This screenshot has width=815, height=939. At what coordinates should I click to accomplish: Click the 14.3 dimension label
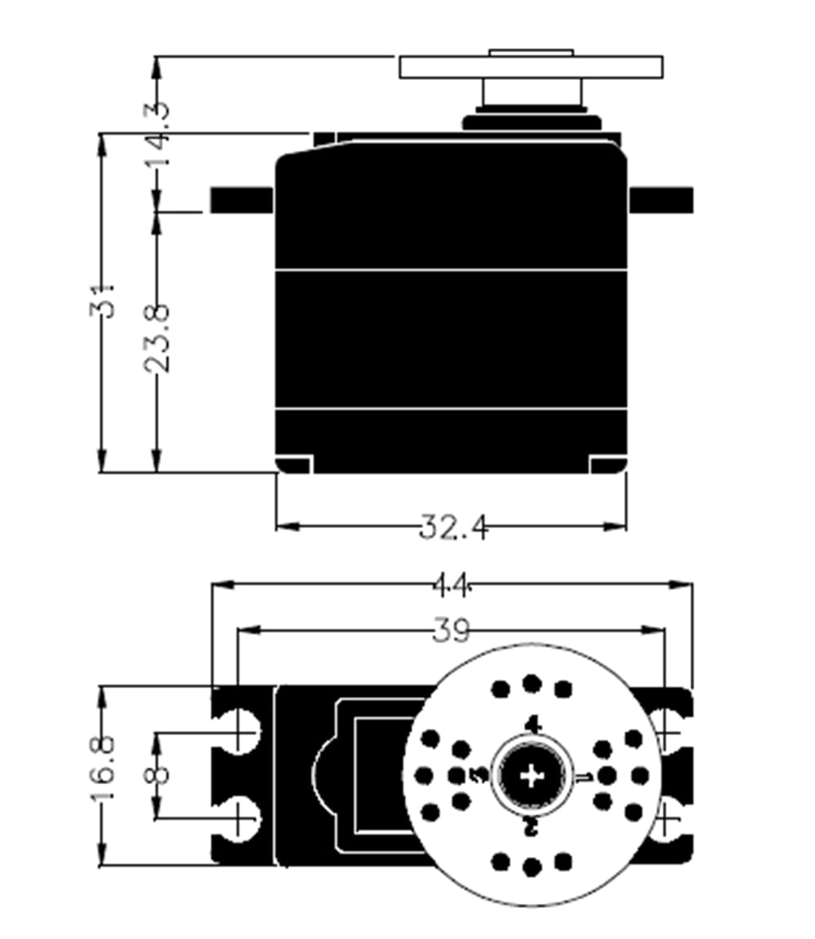click(158, 133)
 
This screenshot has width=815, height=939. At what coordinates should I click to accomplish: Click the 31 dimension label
click(104, 301)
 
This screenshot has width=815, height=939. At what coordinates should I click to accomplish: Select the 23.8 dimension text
click(156, 337)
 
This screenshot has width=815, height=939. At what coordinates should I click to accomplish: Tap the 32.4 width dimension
click(454, 527)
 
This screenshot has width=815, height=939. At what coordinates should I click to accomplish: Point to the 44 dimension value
click(452, 584)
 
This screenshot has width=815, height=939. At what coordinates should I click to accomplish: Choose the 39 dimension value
click(451, 630)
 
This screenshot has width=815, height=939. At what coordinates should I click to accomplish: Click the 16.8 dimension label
click(103, 772)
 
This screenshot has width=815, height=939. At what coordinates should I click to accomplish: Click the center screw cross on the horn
click(531, 775)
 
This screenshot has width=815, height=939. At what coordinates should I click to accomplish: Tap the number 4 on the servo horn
click(533, 724)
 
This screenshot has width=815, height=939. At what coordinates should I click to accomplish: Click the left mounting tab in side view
click(241, 200)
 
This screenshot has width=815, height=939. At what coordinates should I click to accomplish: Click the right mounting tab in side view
click(661, 200)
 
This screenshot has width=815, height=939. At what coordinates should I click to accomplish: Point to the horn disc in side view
click(531, 67)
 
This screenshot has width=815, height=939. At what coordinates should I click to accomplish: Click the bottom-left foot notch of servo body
click(294, 465)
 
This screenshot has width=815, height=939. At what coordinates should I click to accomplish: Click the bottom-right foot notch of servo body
click(608, 465)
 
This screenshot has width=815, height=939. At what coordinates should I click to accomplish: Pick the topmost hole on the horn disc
click(531, 684)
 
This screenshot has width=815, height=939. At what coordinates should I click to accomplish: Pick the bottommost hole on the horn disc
click(531, 867)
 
